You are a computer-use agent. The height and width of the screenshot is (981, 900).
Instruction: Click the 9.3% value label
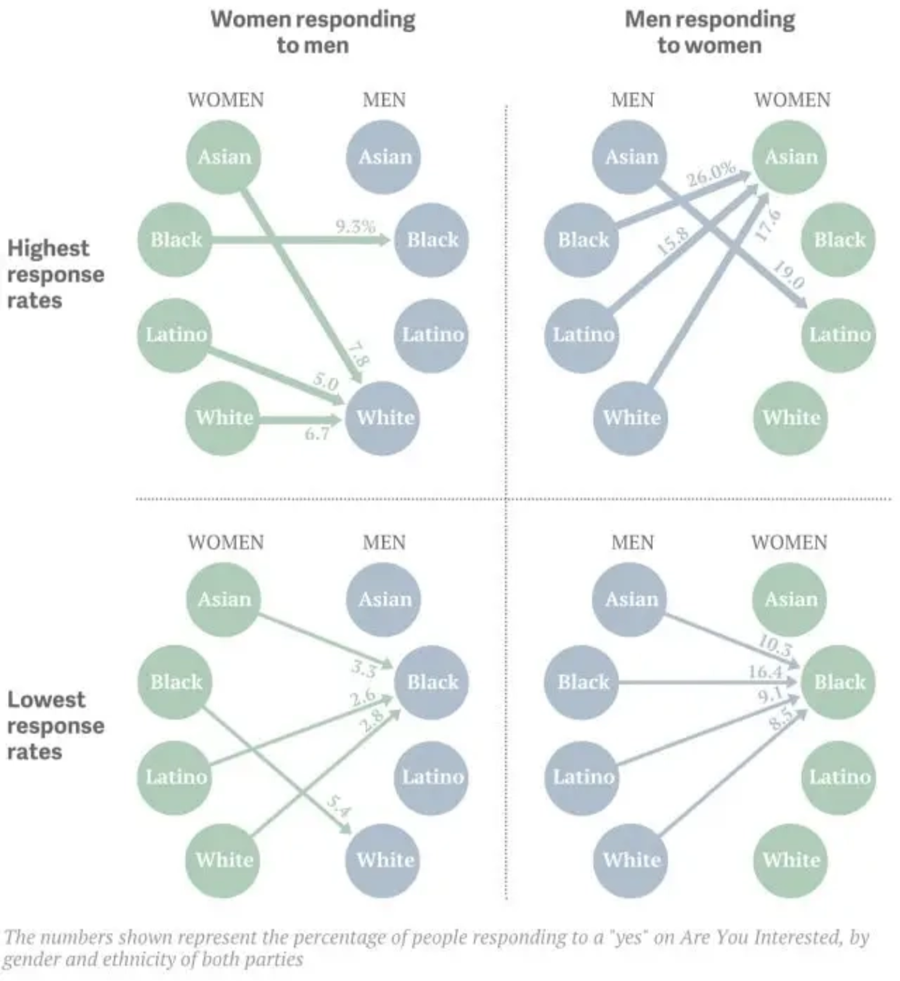(x=356, y=226)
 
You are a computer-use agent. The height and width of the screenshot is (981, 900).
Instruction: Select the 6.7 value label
(x=317, y=433)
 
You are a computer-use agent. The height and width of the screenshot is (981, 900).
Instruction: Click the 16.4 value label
(x=765, y=671)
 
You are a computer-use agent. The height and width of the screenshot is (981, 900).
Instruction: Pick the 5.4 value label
(x=339, y=805)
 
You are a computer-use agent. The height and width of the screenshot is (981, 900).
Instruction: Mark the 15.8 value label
(x=673, y=241)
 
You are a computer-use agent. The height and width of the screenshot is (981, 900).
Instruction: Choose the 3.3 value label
(x=364, y=668)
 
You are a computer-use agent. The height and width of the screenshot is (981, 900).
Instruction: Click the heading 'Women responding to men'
(x=313, y=32)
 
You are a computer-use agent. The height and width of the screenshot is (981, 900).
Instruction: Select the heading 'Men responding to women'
(x=710, y=32)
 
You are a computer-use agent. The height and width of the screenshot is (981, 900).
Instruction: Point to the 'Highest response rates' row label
(x=56, y=274)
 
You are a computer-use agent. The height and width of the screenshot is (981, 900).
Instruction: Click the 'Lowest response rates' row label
(x=56, y=726)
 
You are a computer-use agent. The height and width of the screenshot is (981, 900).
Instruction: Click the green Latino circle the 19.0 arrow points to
(x=840, y=335)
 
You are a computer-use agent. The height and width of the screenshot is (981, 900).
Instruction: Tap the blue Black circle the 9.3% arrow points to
(x=432, y=240)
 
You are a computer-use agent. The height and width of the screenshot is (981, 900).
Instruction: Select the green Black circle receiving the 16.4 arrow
(x=838, y=682)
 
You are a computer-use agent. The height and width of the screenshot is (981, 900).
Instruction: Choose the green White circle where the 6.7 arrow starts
(x=223, y=418)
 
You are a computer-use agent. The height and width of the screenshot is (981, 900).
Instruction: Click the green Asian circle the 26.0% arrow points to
(x=789, y=157)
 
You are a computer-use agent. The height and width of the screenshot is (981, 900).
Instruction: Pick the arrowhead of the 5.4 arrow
(x=346, y=829)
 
